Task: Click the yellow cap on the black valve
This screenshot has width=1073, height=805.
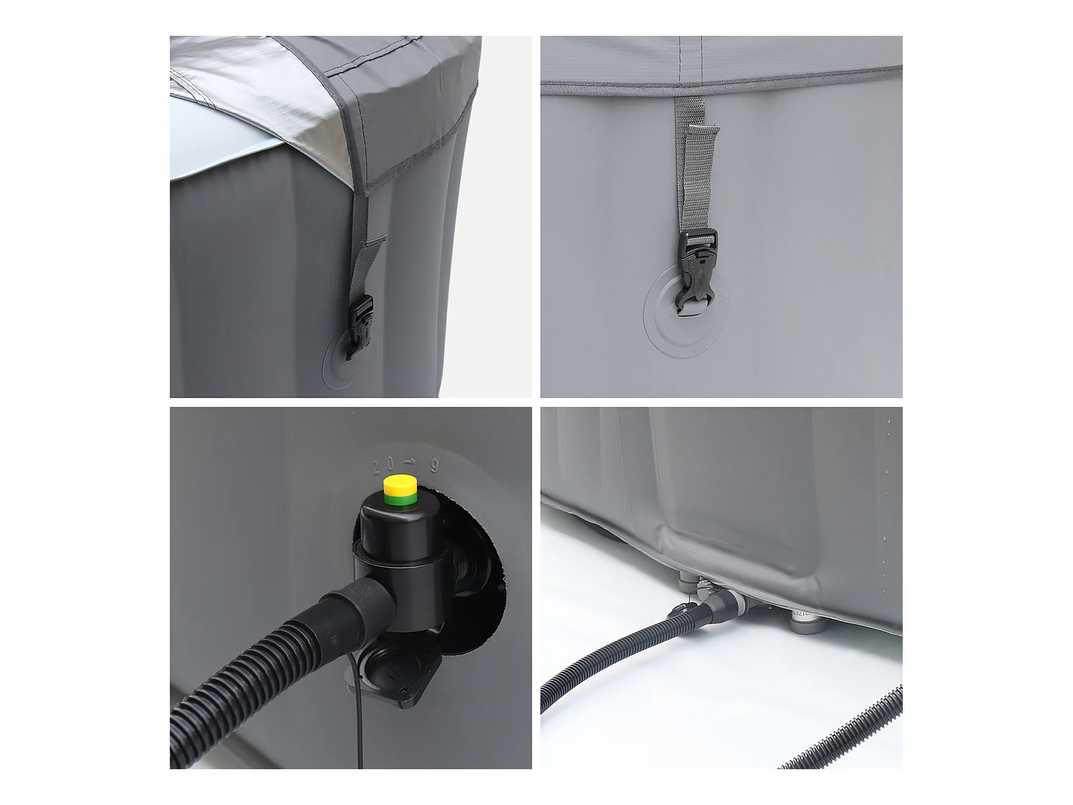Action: [401, 486]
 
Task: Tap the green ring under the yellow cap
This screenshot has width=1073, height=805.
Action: [401, 501]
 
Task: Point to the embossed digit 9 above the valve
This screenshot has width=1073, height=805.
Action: [433, 464]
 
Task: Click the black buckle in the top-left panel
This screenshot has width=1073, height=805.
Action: [361, 326]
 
